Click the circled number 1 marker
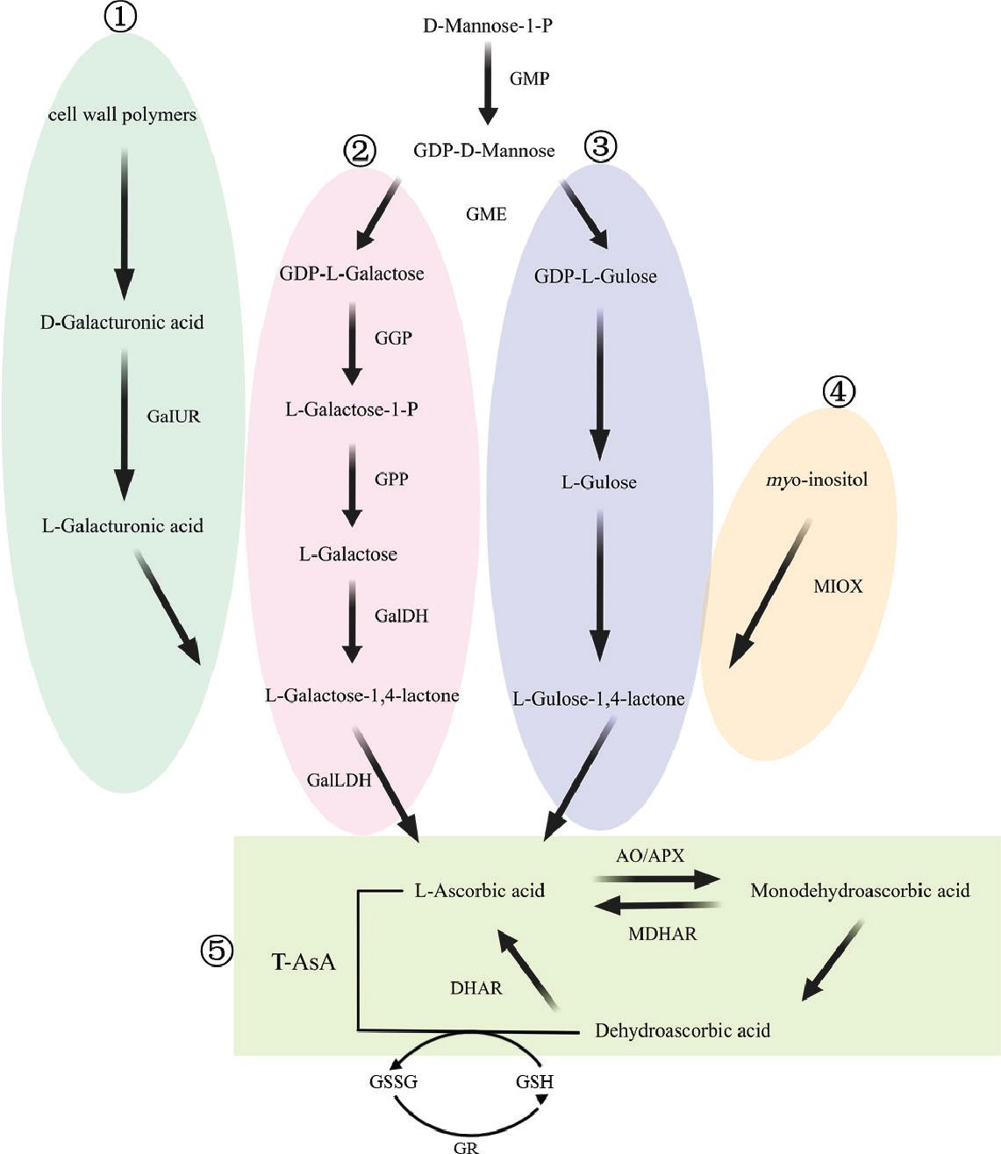(120, 18)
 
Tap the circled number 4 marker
(839, 391)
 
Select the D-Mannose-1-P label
(488, 25)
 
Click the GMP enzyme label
(530, 79)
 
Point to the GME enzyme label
(486, 214)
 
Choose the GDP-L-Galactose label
(351, 274)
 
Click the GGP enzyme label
(393, 338)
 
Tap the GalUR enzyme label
(174, 417)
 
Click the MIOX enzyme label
(838, 587)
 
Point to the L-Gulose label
(599, 482)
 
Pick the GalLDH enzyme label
(339, 780)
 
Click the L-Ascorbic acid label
(480, 891)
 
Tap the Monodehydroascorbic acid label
(860, 891)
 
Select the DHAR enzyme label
(476, 988)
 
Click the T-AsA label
(304, 962)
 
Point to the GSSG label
(393, 1081)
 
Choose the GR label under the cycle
(466, 1146)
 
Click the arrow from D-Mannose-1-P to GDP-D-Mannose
(488, 85)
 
